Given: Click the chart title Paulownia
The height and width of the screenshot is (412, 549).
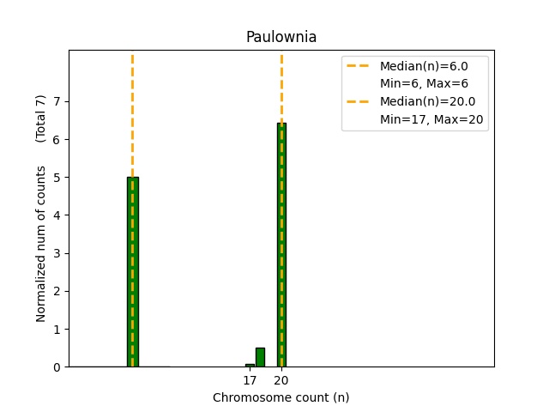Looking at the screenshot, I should (x=281, y=37).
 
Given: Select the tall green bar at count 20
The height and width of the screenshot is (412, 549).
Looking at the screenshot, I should (x=281, y=245).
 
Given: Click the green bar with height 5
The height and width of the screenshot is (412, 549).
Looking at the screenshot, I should (x=133, y=271).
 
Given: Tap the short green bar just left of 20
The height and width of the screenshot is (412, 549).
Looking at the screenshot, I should (x=260, y=357).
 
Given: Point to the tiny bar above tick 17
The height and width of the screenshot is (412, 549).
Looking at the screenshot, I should (x=250, y=365).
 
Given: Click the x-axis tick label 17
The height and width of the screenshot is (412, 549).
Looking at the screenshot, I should (x=250, y=380).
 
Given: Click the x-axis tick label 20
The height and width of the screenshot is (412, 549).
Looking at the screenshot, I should (x=281, y=380).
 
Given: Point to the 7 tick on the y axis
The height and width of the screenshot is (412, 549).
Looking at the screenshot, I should (x=58, y=101).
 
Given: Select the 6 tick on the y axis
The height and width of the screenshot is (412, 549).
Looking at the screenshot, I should (x=58, y=139).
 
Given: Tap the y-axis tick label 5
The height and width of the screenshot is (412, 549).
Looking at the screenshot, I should (x=58, y=178).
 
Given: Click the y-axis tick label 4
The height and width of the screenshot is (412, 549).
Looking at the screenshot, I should (x=58, y=215).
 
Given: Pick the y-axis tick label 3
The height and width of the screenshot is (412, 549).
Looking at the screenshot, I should (x=58, y=253).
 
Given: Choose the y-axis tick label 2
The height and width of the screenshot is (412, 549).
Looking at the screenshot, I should (x=58, y=291).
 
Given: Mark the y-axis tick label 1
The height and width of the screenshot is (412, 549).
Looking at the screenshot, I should (x=58, y=330).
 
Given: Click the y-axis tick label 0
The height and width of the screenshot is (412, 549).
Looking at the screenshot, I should (x=58, y=367).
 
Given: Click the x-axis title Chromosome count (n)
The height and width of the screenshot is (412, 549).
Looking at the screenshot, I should (x=281, y=397).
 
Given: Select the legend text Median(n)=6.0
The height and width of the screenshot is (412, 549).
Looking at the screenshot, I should (x=423, y=66).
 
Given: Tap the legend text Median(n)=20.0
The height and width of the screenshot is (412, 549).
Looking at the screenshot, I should (x=426, y=102).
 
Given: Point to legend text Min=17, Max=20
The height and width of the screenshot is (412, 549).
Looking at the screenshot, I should (x=433, y=120).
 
